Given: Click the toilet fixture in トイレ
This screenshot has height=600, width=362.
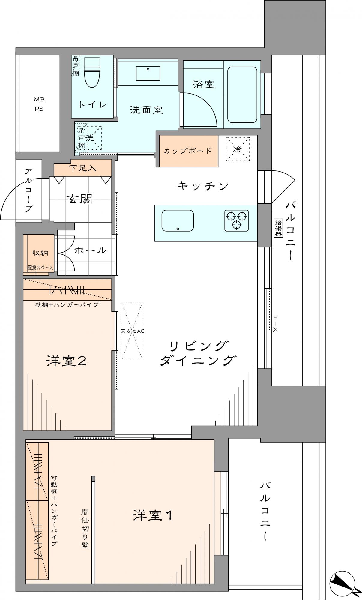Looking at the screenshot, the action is [x=92, y=72].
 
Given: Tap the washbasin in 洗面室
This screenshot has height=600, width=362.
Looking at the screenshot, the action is [x=148, y=73].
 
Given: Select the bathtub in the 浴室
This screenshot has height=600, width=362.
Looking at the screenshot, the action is [x=242, y=94].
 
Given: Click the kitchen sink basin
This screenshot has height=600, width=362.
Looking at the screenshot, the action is [x=178, y=220].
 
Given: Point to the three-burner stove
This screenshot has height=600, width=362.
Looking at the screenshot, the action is [x=237, y=220].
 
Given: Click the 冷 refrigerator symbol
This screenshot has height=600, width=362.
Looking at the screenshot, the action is [x=238, y=149].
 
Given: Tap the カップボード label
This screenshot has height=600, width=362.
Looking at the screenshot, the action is [x=188, y=151].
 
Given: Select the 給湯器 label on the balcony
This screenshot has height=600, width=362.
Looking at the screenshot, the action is [x=278, y=228].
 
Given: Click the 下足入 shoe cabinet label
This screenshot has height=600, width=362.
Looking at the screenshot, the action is [x=82, y=168].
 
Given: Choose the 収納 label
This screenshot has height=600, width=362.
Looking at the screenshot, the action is [x=40, y=253].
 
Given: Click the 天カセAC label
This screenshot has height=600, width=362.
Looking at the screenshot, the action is [x=132, y=331].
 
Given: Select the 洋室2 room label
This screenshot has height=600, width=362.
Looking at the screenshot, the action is [x=67, y=361].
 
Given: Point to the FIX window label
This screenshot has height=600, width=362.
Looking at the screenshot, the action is [x=275, y=324].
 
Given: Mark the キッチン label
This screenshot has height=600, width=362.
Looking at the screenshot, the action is [x=203, y=186].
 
